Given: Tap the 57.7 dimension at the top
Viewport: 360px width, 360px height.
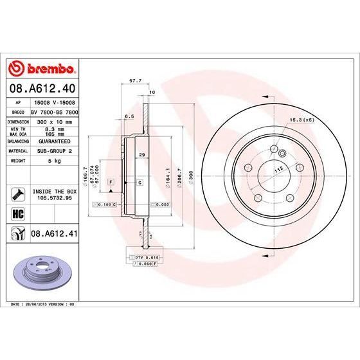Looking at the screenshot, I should [x=135, y=81].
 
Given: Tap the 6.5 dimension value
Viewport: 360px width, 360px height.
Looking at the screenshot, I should [x=128, y=116].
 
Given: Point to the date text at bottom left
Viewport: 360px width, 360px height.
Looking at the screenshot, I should [x=40, y=301].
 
